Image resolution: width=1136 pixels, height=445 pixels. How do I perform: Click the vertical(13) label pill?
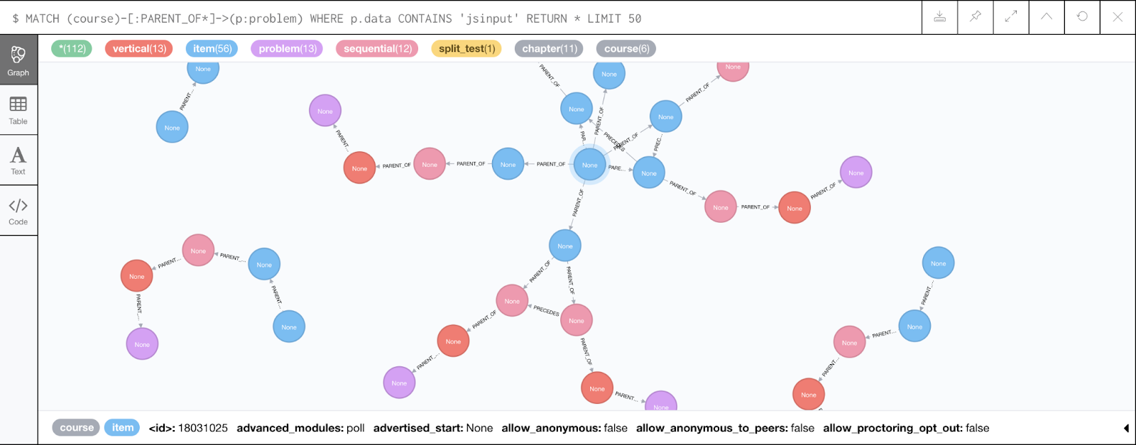139,48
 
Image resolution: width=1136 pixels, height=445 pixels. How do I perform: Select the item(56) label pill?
212,48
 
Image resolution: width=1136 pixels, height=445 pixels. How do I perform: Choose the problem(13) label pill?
288,48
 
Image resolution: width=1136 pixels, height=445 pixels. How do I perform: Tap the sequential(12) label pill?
377,48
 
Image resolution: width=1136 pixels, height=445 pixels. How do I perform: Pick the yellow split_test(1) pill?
466,48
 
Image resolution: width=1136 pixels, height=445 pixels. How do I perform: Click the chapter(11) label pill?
549,48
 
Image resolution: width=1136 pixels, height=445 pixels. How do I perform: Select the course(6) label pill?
626,48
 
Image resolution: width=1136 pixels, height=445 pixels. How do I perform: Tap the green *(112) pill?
72,48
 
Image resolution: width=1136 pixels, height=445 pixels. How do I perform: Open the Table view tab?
18,110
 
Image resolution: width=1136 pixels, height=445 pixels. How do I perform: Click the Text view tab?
18,160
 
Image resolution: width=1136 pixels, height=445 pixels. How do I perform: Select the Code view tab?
18,211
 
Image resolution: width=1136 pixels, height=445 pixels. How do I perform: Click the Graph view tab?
18,60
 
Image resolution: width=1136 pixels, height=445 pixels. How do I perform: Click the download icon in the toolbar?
939,17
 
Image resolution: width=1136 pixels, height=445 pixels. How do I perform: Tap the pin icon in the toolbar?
976,17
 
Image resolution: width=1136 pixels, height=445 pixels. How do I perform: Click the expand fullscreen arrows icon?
1011,17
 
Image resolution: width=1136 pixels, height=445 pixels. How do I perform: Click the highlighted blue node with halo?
590,165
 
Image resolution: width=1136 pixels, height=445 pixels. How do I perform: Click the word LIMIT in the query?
604,18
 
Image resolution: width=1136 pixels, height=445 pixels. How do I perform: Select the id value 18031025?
202,428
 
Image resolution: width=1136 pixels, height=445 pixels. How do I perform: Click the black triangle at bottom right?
1126,428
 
